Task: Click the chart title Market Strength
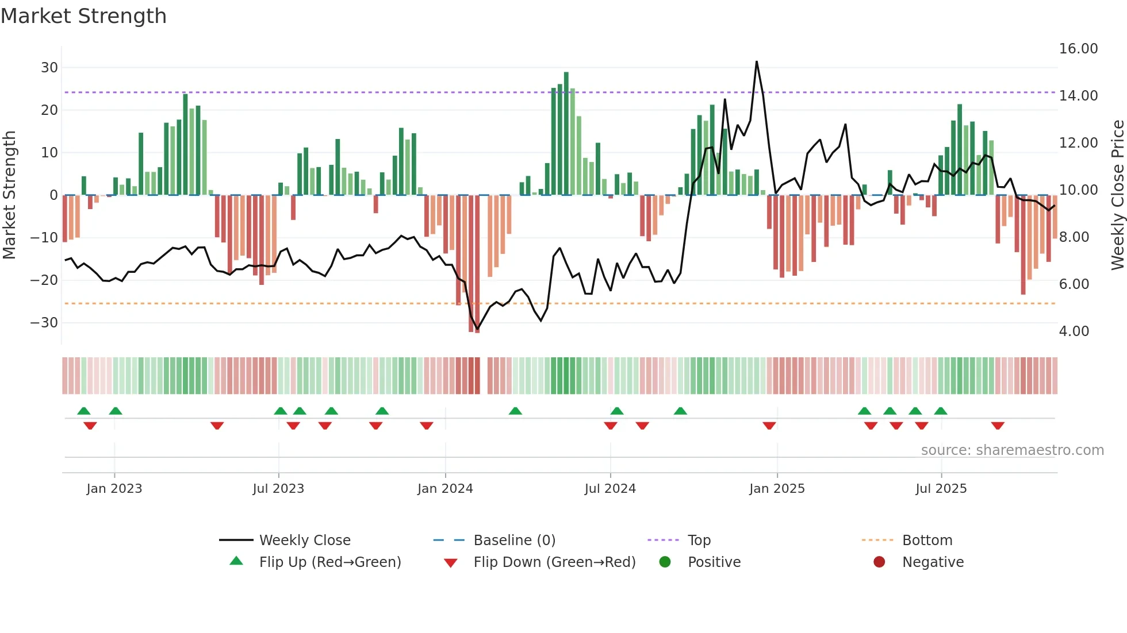(83, 16)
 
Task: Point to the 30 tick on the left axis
(49, 68)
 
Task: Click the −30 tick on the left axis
(44, 323)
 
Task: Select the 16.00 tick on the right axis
(1078, 49)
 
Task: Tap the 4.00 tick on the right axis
(1074, 331)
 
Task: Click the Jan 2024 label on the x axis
(445, 489)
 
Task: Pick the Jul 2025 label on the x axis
(941, 489)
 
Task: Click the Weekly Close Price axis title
(1117, 195)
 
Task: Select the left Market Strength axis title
(9, 195)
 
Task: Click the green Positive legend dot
(665, 562)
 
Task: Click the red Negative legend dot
(879, 562)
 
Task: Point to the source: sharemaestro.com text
(1012, 450)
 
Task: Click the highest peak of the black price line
(756, 61)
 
